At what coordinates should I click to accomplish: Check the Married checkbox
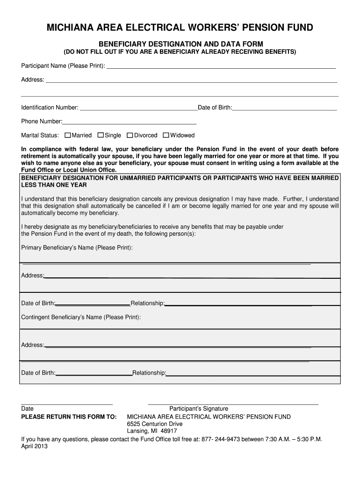(x=68, y=136)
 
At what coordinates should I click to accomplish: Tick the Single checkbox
(x=101, y=136)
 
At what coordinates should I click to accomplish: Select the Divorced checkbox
(x=130, y=136)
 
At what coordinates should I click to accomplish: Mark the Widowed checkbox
(x=166, y=136)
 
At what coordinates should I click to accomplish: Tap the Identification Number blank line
(x=138, y=110)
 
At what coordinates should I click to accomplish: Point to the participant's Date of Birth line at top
(x=284, y=110)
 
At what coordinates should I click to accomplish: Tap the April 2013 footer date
(x=35, y=446)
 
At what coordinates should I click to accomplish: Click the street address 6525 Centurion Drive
(x=155, y=424)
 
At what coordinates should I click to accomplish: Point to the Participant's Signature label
(x=199, y=408)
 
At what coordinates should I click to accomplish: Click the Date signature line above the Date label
(x=67, y=403)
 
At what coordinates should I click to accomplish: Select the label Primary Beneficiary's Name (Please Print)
(x=77, y=247)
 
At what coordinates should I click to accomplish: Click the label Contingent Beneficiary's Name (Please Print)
(x=81, y=317)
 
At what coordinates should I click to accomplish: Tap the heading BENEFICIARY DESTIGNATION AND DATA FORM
(x=180, y=44)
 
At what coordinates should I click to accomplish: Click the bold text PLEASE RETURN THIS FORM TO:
(x=69, y=417)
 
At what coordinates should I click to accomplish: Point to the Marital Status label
(x=40, y=136)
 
